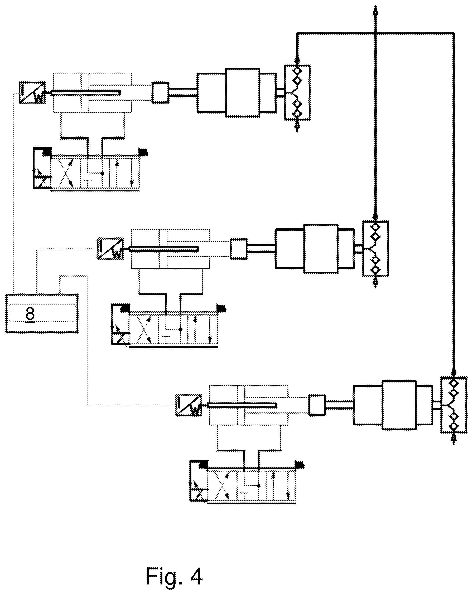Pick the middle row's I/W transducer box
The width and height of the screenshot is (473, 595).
pos(110,249)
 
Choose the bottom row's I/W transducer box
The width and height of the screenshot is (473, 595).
pos(189,405)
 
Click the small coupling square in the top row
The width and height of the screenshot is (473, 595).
pos(161,93)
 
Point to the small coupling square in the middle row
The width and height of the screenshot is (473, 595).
pos(239,249)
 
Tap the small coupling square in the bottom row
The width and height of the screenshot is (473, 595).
pos(317,405)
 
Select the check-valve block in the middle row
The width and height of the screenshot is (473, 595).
pos(375,248)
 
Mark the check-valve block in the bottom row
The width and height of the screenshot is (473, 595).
pos(454,405)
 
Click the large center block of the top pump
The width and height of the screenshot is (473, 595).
pos(243,93)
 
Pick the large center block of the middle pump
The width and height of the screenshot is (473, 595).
pos(321,249)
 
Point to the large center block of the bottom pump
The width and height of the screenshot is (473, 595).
pos(399,405)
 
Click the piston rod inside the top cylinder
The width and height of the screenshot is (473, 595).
pos(86,93)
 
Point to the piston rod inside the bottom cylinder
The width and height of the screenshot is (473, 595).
pos(242,405)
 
